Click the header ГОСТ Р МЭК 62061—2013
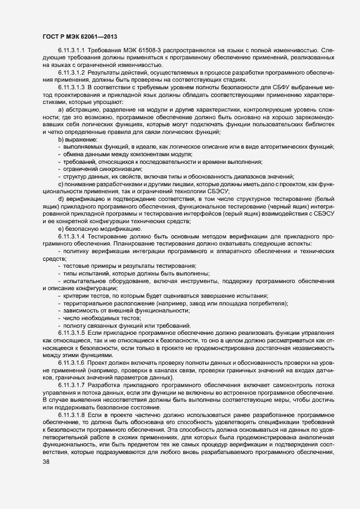coord(79,36)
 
